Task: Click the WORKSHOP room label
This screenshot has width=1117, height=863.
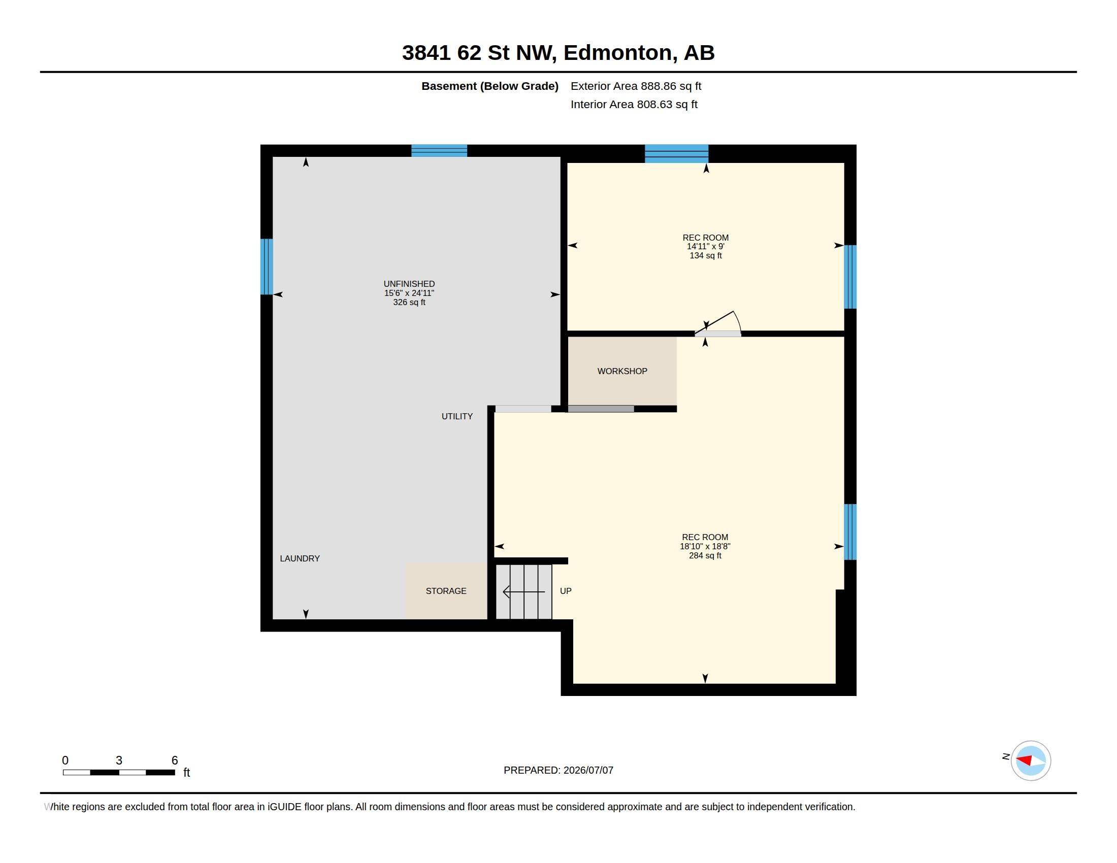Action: pyautogui.click(x=622, y=371)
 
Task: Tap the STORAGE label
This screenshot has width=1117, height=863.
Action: pyautogui.click(x=446, y=591)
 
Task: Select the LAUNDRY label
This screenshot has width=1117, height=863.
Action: pyautogui.click(x=300, y=559)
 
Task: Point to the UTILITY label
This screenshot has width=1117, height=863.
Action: pyautogui.click(x=457, y=417)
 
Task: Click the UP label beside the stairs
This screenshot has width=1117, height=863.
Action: pyautogui.click(x=566, y=591)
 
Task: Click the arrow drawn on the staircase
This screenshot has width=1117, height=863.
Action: pyautogui.click(x=524, y=592)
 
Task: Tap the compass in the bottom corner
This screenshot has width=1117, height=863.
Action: pyautogui.click(x=1031, y=761)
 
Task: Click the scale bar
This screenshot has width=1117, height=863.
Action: pyautogui.click(x=119, y=773)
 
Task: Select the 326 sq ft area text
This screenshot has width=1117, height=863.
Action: pyautogui.click(x=409, y=303)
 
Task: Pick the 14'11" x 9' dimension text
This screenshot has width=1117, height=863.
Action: pyautogui.click(x=706, y=246)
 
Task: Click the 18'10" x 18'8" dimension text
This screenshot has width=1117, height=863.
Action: pyautogui.click(x=705, y=547)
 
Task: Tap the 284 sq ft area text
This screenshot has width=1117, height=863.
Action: pyautogui.click(x=705, y=556)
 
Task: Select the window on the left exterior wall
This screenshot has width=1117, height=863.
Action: pyautogui.click(x=267, y=267)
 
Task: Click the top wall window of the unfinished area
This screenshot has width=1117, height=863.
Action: pyautogui.click(x=439, y=151)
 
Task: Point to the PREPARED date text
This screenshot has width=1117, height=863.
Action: pyautogui.click(x=558, y=771)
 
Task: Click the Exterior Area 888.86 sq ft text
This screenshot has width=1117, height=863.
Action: pyautogui.click(x=636, y=86)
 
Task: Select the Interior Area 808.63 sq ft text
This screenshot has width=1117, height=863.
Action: pyautogui.click(x=634, y=105)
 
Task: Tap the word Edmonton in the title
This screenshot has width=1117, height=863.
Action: pyautogui.click(x=618, y=53)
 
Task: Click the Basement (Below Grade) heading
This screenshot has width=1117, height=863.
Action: pyautogui.click(x=490, y=86)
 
